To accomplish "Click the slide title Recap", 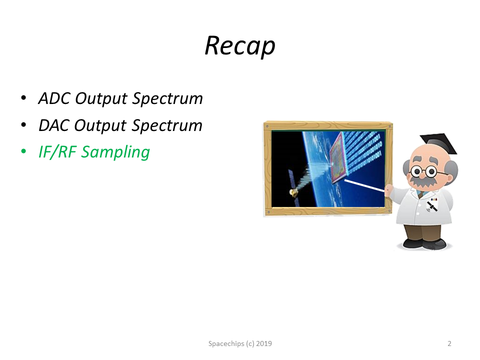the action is pyautogui.click(x=240, y=46).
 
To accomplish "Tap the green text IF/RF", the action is pyautogui.click(x=57, y=152).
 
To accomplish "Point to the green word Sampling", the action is pyautogui.click(x=115, y=152).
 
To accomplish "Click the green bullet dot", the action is pyautogui.click(x=23, y=151).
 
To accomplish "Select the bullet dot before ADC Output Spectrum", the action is pyautogui.click(x=23, y=98).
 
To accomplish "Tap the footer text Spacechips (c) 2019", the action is pyautogui.click(x=240, y=343).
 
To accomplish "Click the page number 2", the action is pyautogui.click(x=449, y=343).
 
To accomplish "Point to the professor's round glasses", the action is pyautogui.click(x=424, y=171).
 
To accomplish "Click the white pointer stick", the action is pyautogui.click(x=364, y=185).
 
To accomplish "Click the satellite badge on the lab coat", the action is pyautogui.click(x=432, y=205).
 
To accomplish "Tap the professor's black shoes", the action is pyautogui.click(x=424, y=243).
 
